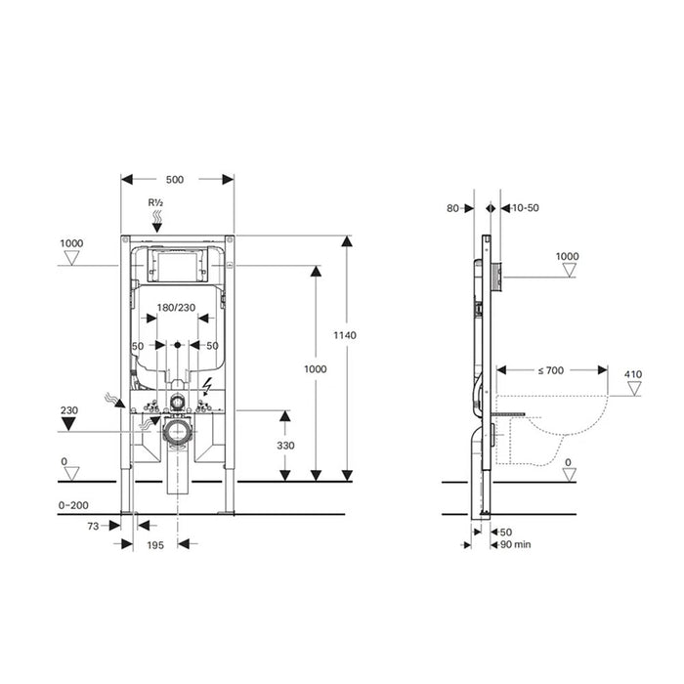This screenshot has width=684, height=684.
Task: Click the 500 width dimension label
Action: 176,179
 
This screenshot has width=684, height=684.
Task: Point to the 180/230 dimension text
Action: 176,308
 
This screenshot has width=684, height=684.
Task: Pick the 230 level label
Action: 68,411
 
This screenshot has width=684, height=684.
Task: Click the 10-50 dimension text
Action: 526,208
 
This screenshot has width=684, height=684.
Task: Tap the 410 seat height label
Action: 634,373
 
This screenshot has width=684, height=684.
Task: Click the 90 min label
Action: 515,543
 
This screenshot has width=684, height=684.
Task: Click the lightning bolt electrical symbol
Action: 208,385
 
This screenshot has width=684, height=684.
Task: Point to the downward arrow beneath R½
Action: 155,223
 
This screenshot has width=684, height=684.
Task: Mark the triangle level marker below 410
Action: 634,389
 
